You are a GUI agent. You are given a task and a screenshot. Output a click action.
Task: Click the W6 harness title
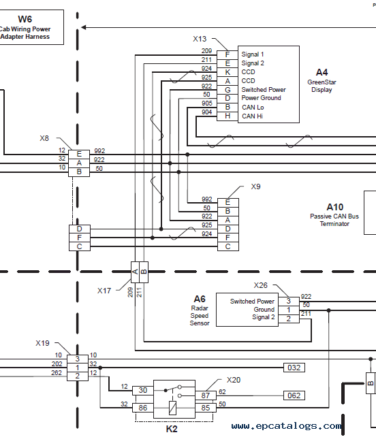[x=25, y=19]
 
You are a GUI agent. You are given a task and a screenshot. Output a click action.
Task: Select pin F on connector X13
[x=228, y=55]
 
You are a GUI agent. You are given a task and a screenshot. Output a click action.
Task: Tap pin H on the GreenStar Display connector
[x=228, y=116]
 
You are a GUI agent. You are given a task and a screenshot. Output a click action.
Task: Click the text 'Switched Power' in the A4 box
[x=264, y=90]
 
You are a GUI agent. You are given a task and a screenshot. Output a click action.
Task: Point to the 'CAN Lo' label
[x=253, y=108]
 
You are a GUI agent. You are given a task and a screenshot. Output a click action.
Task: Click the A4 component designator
[x=322, y=72]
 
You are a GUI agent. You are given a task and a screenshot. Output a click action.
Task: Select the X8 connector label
[x=44, y=138]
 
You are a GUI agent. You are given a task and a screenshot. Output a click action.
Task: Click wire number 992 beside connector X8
[x=99, y=151]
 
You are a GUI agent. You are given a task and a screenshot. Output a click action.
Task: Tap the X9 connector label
[x=255, y=187]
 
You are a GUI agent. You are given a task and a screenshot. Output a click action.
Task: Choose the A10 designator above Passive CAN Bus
[x=334, y=207]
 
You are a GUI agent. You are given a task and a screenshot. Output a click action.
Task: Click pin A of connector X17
[x=136, y=272]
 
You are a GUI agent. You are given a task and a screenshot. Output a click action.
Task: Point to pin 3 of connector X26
[x=289, y=302]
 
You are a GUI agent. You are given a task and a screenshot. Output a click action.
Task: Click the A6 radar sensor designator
[x=200, y=299]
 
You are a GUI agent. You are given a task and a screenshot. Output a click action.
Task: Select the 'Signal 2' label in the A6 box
[x=264, y=317]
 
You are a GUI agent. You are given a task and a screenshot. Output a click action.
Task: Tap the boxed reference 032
[x=294, y=368]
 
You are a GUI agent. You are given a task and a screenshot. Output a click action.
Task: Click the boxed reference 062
[x=294, y=395]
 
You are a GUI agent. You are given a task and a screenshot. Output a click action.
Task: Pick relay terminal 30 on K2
[x=143, y=391]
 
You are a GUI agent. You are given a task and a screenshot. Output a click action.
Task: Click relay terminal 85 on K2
[x=206, y=408]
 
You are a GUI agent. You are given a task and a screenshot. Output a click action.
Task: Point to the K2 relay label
[x=172, y=429]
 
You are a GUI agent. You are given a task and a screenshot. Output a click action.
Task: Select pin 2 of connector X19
[x=78, y=376]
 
